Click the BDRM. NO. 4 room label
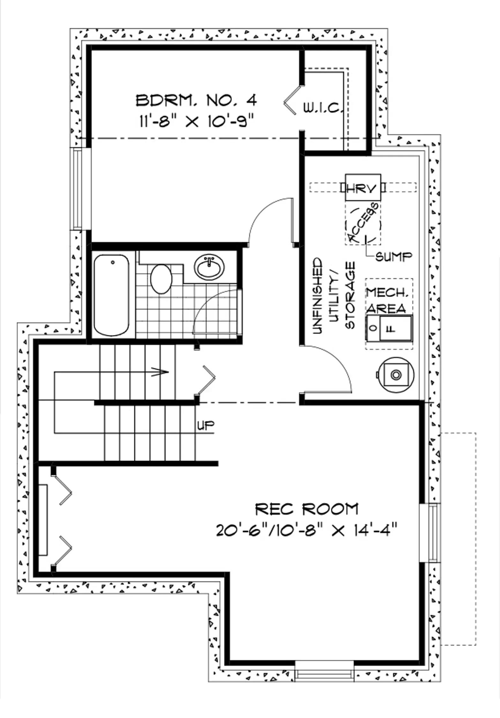196,101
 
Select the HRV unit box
363,187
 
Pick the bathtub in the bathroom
111,295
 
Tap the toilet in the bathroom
161,279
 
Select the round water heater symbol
396,375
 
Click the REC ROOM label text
307,509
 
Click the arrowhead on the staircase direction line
161,372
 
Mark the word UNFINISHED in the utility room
317,296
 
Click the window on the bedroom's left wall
78,189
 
